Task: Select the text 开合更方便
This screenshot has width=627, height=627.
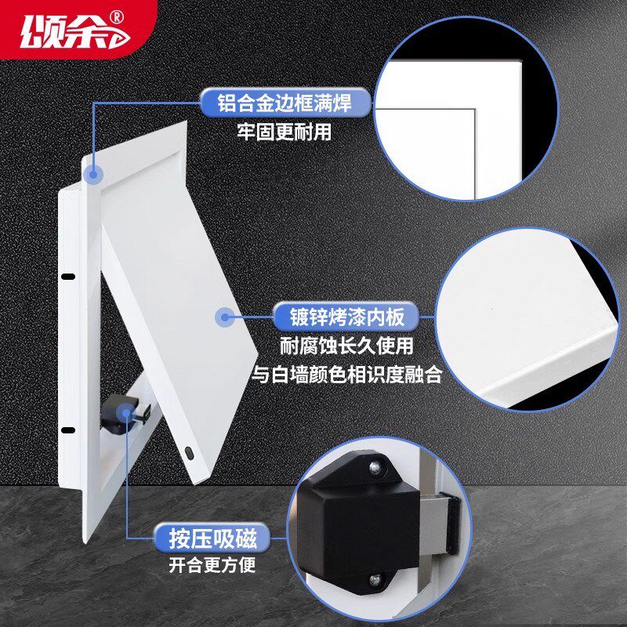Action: pos(212,566)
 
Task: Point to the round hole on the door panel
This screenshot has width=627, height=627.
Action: pos(191,452)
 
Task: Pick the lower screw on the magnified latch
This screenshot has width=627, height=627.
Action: pos(375,580)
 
